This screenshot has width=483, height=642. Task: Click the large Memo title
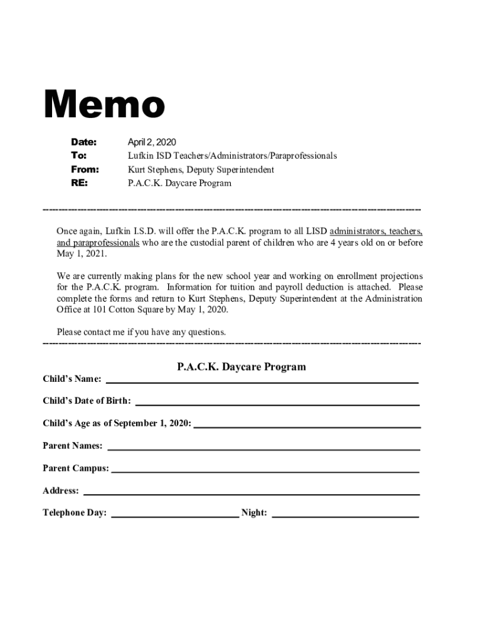tap(103, 105)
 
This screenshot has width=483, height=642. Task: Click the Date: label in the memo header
tap(83, 142)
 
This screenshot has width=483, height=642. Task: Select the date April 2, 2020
tap(152, 142)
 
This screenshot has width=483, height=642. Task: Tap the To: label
tap(78, 155)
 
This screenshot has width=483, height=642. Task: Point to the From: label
tap(85, 169)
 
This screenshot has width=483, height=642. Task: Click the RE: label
tap(79, 183)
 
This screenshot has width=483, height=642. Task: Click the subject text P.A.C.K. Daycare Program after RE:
tap(179, 183)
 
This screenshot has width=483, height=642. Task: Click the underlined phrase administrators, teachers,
tap(376, 230)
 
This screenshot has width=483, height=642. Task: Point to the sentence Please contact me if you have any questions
tap(141, 332)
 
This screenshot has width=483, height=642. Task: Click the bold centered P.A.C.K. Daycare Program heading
tap(242, 367)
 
